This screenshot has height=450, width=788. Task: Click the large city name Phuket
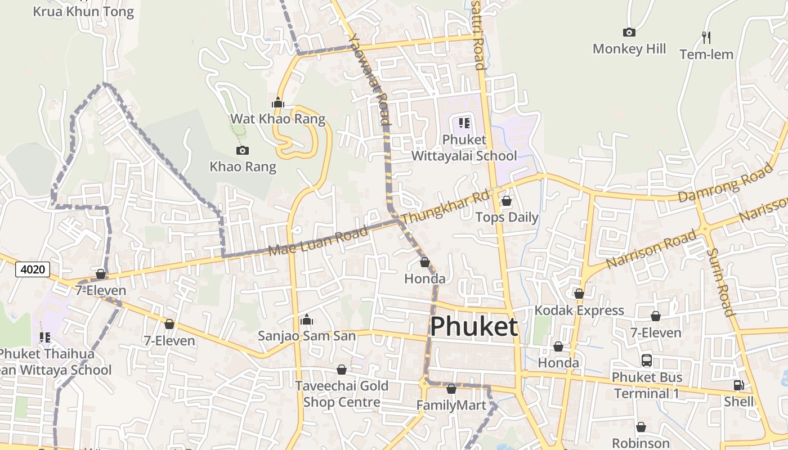tap(474, 327)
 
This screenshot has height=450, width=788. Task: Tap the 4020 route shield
tap(33, 269)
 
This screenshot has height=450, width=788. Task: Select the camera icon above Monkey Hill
tap(629, 33)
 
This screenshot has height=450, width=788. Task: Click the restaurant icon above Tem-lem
tap(706, 38)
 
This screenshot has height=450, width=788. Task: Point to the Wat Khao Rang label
tap(278, 119)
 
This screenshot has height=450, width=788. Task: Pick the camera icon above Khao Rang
tap(243, 150)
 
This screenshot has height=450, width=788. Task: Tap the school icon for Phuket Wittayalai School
tap(464, 123)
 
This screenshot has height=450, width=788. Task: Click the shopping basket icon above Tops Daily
tap(507, 201)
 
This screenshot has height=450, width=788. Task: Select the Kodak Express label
tap(579, 310)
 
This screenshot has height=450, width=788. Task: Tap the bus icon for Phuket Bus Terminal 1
tap(647, 360)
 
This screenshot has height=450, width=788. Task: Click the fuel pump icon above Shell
tap(738, 385)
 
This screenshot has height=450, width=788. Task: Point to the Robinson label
tap(641, 443)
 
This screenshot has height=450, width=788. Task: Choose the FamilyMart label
tap(451, 405)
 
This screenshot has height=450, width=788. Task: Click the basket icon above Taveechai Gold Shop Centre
tap(341, 370)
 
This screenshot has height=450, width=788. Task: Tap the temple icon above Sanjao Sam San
tap(307, 320)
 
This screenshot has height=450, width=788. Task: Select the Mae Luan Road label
tap(318, 241)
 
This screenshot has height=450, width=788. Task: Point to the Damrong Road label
tap(726, 181)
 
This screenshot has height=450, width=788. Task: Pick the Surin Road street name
tap(720, 282)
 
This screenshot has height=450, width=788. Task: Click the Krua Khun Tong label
tap(83, 11)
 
